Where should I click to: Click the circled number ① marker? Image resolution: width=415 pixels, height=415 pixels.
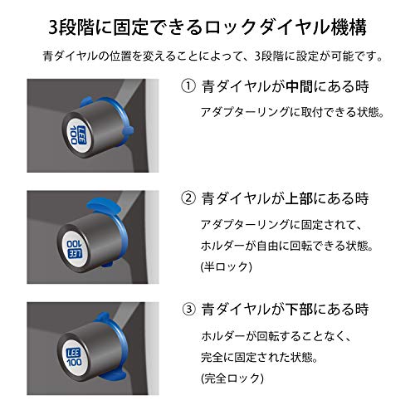tap(188, 86)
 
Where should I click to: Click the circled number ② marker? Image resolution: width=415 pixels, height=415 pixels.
tap(188, 198)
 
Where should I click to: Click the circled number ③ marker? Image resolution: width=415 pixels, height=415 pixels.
tap(189, 309)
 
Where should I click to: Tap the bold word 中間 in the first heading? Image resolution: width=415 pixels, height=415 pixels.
tap(300, 86)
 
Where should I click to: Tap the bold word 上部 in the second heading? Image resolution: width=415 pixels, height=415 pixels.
tap(299, 198)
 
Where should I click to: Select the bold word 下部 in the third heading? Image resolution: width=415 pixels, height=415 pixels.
tap(300, 309)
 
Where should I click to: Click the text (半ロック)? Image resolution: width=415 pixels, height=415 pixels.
tap(227, 266)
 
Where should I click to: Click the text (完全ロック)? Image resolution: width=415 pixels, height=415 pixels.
tap(232, 378)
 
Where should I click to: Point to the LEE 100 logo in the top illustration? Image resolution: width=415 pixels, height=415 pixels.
tap(77, 135)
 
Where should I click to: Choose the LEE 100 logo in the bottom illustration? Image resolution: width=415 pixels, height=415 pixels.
tap(74, 357)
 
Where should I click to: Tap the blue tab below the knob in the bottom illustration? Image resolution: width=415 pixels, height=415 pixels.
tap(114, 375)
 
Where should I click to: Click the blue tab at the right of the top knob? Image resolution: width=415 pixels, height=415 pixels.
tap(128, 130)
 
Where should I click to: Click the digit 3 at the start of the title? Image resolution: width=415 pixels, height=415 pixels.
tap(53, 28)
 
